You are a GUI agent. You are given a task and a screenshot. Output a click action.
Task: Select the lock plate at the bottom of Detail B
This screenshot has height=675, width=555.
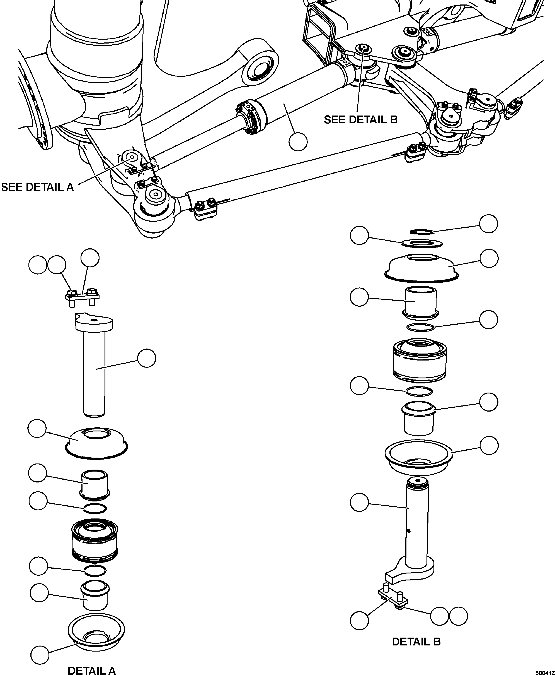pos(393,598)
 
